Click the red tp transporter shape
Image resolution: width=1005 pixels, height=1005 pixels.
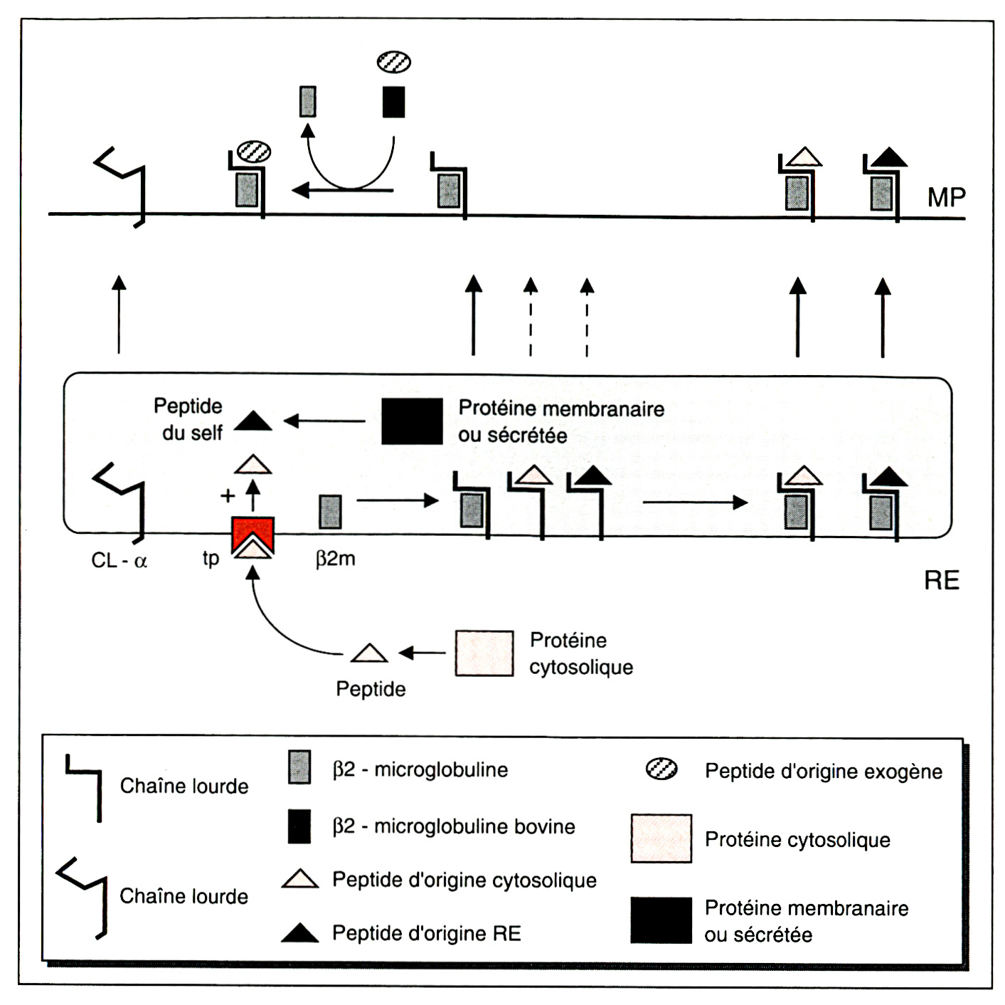253,530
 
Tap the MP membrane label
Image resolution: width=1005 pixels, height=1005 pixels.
946,197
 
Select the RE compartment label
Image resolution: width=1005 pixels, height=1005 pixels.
942,581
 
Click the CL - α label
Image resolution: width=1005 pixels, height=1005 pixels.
119,561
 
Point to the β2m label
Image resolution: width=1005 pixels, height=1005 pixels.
335,559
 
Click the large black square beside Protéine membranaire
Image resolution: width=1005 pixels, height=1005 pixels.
412,421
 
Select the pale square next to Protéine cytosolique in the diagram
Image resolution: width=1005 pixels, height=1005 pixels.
484,653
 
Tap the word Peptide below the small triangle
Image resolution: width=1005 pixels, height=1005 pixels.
371,689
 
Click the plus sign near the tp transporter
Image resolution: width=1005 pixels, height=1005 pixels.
228,495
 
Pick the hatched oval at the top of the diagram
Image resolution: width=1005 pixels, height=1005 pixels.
393,62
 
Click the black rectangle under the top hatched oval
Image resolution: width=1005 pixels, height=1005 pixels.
393,102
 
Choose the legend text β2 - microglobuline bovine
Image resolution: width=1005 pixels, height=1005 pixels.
453,826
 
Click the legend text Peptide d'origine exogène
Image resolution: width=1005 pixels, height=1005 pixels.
823,772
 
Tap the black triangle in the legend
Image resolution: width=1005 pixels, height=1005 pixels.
299,933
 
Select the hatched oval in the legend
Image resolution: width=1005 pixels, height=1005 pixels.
661,769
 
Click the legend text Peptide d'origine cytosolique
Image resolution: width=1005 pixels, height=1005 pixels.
464,880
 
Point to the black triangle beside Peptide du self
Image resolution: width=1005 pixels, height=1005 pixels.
252,422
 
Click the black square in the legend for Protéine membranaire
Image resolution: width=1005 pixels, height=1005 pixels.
661,920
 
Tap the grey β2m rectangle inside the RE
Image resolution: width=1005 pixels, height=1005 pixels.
329,512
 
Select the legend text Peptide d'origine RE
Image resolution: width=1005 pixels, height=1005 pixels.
426,933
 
